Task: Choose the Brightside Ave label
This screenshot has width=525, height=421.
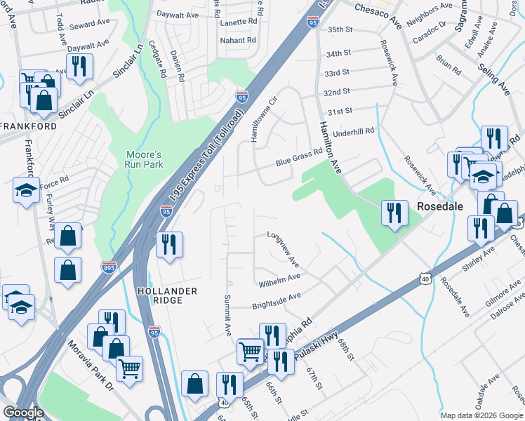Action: coord(277,301)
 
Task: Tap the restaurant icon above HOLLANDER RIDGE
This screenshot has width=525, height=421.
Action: coord(169,245)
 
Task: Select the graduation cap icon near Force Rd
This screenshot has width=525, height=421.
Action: coord(26,190)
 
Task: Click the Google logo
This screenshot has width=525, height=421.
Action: coord(23,413)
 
